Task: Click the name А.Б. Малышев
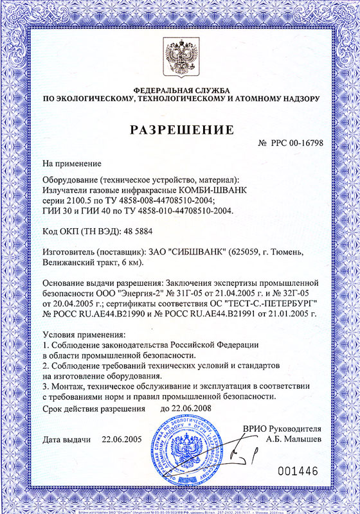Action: (292, 439)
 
